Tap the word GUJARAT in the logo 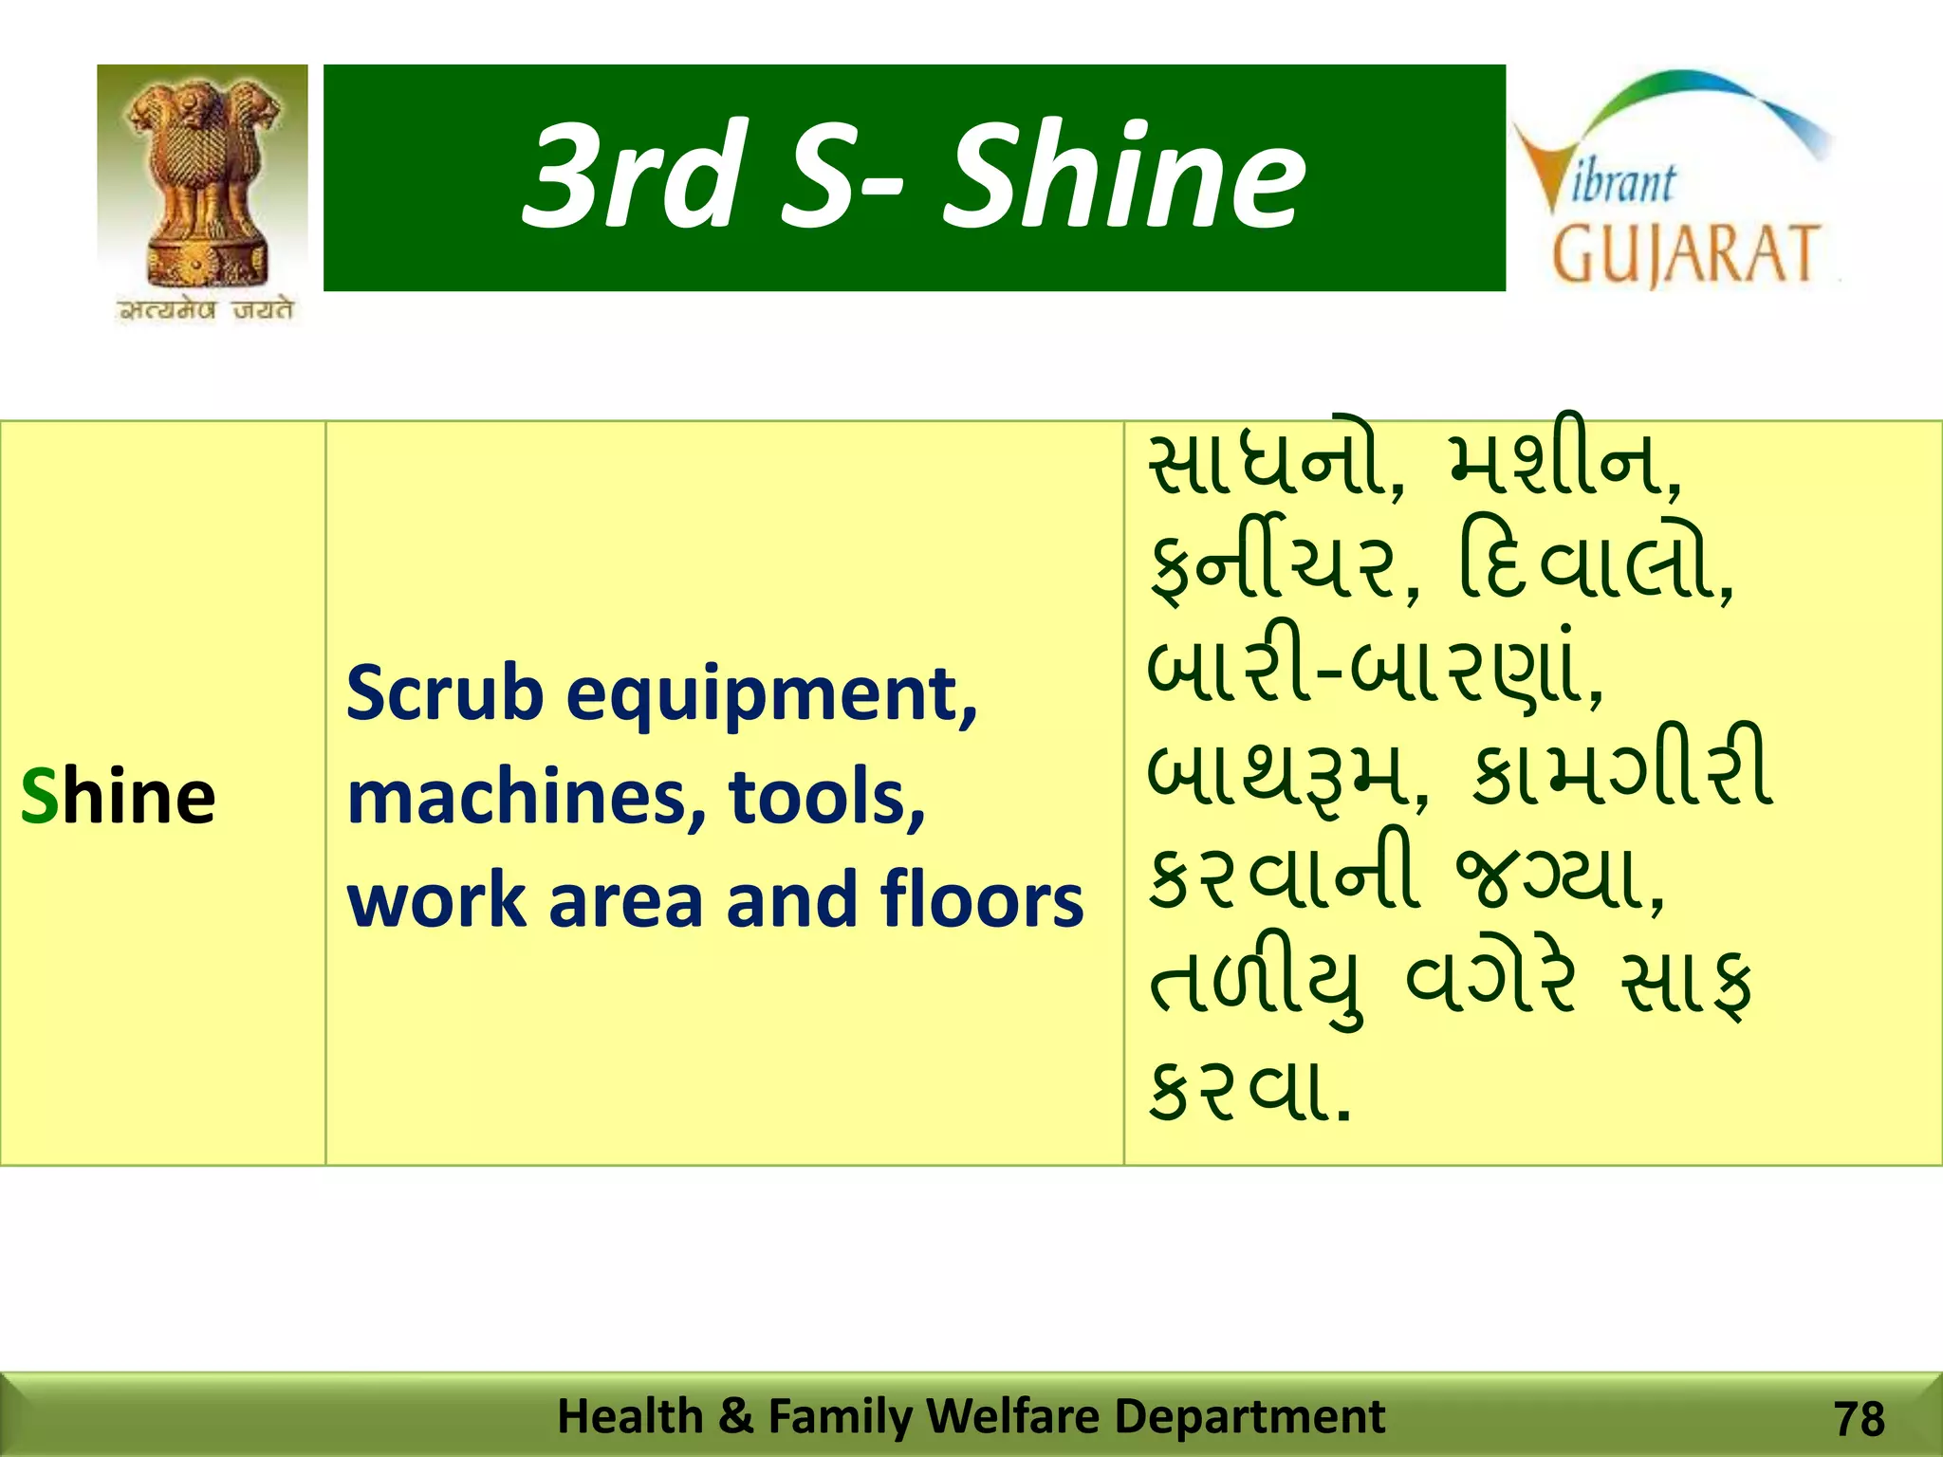1686,254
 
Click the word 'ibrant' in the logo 1623,183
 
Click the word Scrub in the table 445,692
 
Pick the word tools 826,797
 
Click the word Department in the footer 1249,1416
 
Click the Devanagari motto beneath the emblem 205,310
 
